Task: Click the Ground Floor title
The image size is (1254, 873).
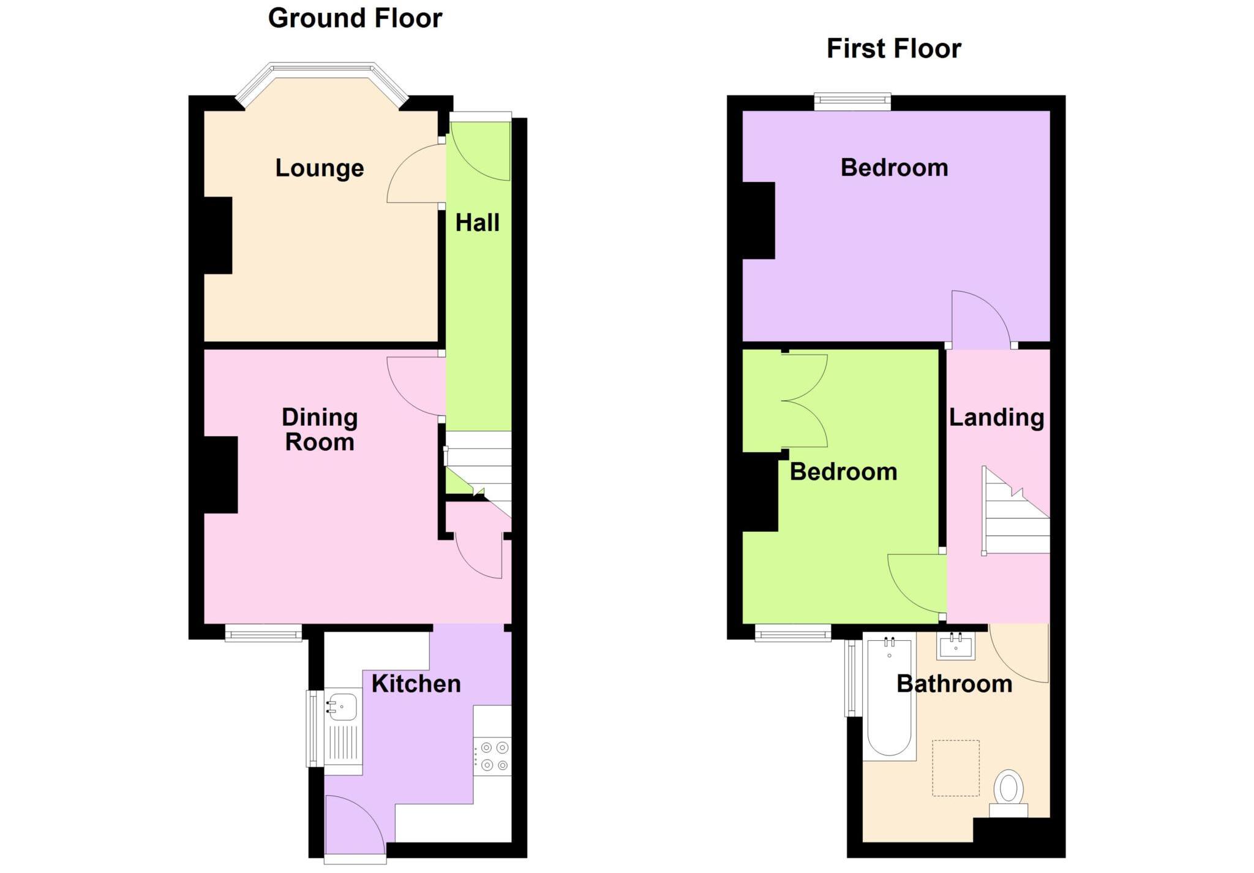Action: [355, 18]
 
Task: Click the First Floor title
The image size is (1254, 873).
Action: [893, 49]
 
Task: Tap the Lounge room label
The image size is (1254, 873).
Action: [320, 168]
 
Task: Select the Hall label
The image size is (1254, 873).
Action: [478, 222]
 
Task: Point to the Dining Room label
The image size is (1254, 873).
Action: [320, 429]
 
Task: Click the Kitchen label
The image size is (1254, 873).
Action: [416, 684]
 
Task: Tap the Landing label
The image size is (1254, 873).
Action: [996, 417]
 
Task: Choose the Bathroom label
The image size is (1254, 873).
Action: [954, 684]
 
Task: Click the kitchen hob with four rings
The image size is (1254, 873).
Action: [494, 756]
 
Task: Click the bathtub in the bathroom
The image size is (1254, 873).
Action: [889, 698]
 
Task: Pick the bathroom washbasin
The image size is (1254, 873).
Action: [955, 647]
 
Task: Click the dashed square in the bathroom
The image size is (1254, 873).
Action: [955, 768]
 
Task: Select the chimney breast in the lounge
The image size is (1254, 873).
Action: [218, 235]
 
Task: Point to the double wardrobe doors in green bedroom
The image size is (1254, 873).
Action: [803, 401]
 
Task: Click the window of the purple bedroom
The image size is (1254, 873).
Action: [852, 102]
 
